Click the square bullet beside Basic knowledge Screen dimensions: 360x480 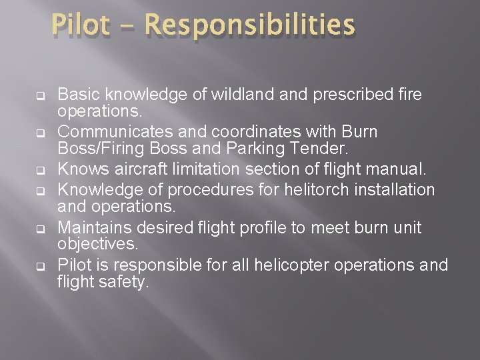(41, 95)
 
